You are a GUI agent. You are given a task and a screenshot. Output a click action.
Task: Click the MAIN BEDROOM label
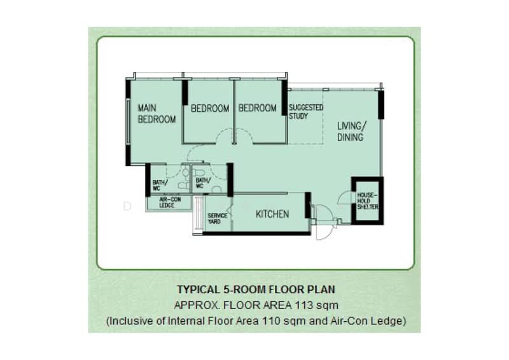point(157,113)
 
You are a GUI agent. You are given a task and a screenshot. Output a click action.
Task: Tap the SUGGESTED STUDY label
point(306,111)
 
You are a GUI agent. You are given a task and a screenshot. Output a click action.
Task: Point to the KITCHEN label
point(272,214)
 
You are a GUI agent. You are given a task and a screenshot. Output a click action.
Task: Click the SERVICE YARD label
point(217,218)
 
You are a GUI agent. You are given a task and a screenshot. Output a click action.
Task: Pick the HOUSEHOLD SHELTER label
point(368,201)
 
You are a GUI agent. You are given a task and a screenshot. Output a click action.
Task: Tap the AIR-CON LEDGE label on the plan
point(170,202)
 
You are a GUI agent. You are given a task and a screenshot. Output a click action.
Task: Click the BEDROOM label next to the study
point(258,107)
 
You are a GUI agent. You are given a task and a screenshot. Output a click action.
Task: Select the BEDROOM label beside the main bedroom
point(210,108)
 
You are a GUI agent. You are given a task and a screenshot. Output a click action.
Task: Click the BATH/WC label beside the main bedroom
point(160,185)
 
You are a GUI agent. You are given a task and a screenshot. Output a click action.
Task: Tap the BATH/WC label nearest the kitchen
point(203,183)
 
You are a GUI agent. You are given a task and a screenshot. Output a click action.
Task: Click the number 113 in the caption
point(304,305)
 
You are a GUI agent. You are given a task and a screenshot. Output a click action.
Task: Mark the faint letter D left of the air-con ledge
point(127,206)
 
